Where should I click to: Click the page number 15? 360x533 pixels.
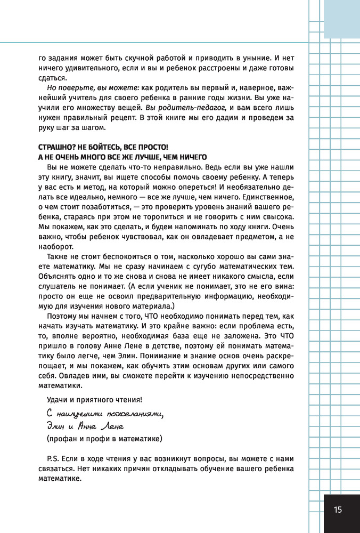(x=338, y=510)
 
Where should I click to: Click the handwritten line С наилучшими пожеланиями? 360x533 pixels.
(x=102, y=413)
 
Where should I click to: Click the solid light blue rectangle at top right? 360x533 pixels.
(x=342, y=19)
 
